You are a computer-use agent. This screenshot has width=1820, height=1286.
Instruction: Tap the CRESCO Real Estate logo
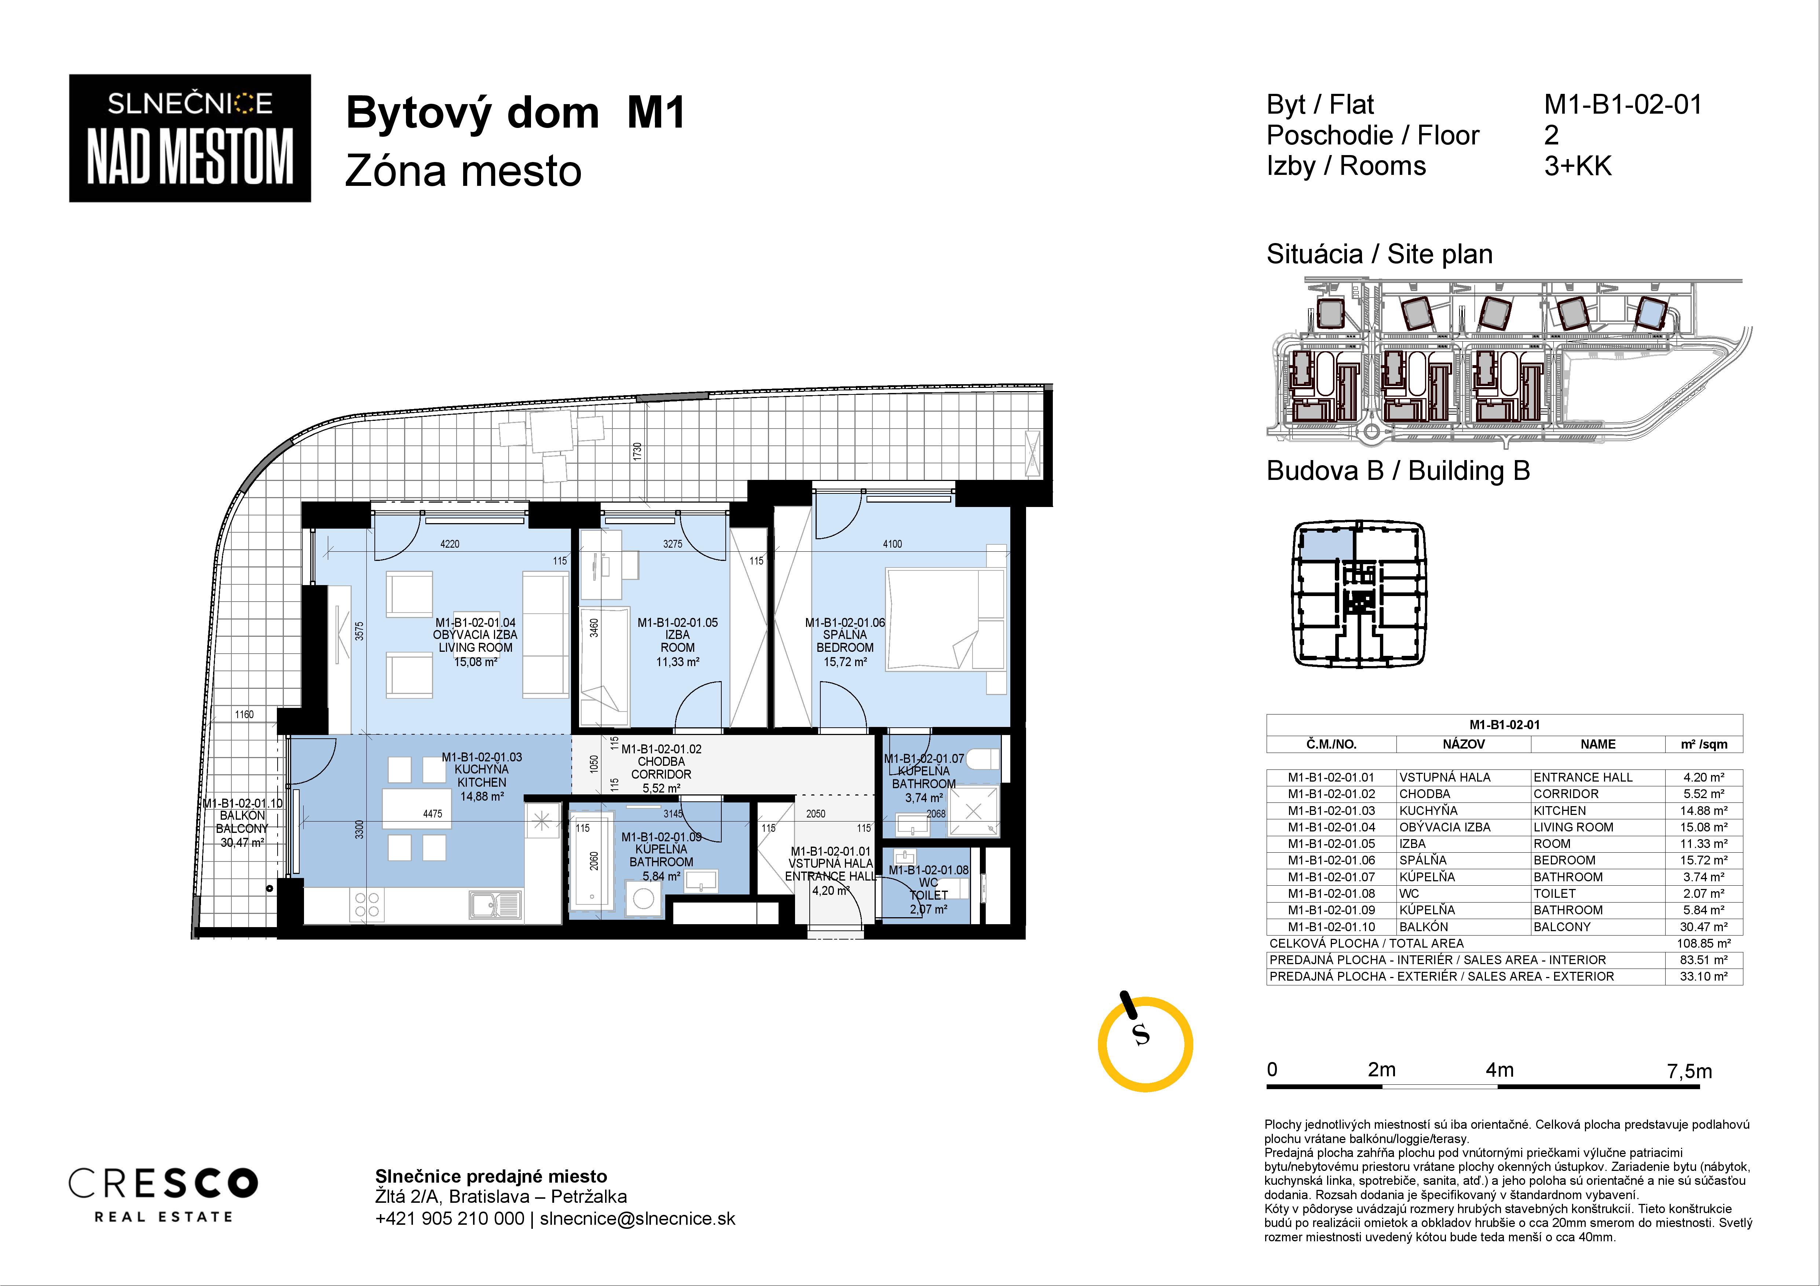(163, 1194)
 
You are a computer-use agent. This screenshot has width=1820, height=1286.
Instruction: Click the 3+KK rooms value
(1578, 166)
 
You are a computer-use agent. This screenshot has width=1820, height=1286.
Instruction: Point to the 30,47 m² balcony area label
(242, 842)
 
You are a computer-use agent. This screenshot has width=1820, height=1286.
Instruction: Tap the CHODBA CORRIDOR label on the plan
(661, 768)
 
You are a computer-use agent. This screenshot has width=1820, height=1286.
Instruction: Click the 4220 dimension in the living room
(450, 544)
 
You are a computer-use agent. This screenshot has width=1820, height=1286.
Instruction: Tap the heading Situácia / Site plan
(1379, 254)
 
